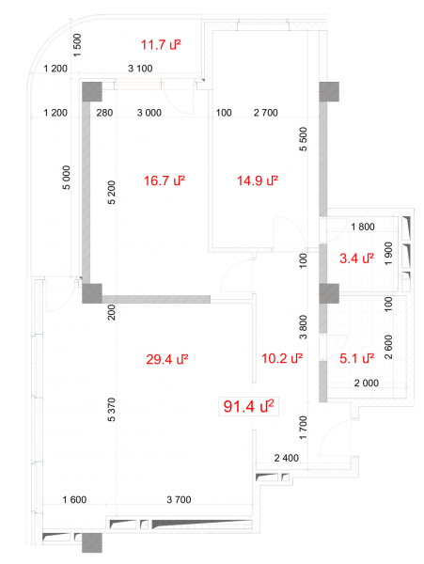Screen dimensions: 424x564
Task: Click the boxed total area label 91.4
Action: coord(248,406)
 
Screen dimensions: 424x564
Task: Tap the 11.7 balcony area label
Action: coord(161,45)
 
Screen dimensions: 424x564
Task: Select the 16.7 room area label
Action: coord(165,180)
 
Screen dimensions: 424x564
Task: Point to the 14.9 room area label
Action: coord(258,180)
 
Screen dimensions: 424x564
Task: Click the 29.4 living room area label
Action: coord(167,359)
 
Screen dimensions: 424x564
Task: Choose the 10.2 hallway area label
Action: coord(282,358)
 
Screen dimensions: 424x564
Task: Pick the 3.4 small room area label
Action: coord(356,258)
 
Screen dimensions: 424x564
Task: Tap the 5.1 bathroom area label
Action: coord(356,358)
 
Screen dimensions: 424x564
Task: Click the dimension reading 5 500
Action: coord(304,139)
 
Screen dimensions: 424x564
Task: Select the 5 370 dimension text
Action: coord(112,410)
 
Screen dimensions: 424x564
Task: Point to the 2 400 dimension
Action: coord(286,458)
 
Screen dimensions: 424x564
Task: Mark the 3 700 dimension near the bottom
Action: coord(179,500)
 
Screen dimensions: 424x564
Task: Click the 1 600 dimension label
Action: coord(74,500)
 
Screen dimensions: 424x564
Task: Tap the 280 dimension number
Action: coord(104,113)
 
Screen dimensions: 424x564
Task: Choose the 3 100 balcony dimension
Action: coord(140,69)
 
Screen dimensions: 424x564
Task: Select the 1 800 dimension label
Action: coord(363,227)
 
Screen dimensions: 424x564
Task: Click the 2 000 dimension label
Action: coord(367,384)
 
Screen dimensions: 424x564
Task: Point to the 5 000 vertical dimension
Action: coord(67,178)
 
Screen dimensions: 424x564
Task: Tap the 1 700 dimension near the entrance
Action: coord(303,428)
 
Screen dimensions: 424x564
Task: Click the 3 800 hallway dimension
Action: coord(303,327)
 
